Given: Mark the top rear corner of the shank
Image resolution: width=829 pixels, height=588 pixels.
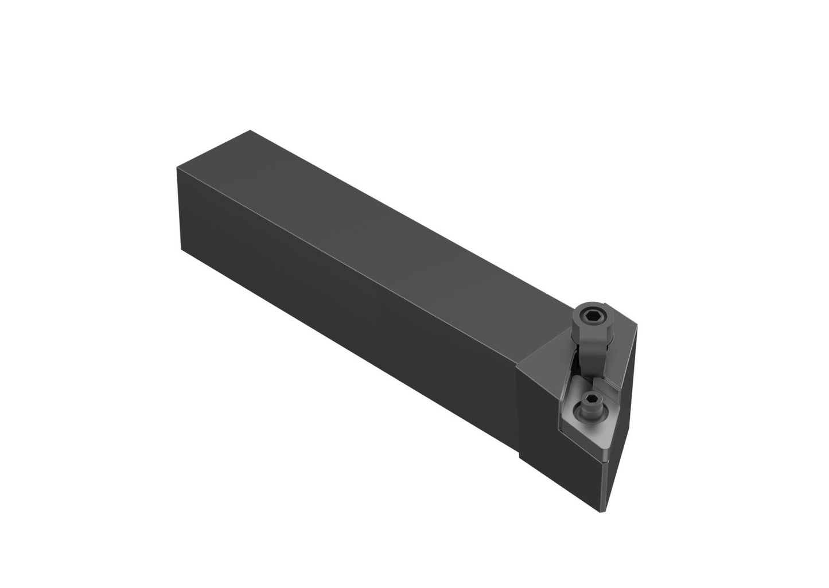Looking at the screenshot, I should (x=250, y=131).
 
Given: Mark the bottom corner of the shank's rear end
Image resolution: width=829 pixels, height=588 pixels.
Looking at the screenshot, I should (x=182, y=251).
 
